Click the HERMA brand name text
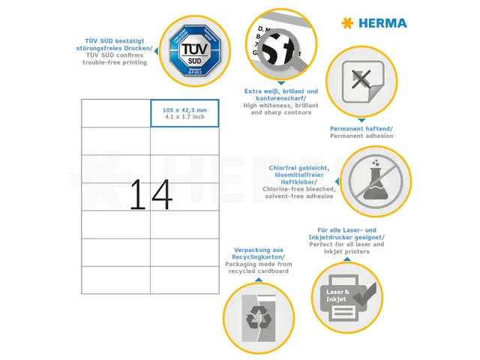(382, 23)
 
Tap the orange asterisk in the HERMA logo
(346, 23)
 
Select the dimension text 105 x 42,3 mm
(184, 109)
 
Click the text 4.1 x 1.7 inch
(184, 117)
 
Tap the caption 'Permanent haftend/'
(361, 129)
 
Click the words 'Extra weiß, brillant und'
(281, 91)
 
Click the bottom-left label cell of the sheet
(115, 280)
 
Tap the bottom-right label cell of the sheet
(184, 280)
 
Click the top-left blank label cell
(115, 113)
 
